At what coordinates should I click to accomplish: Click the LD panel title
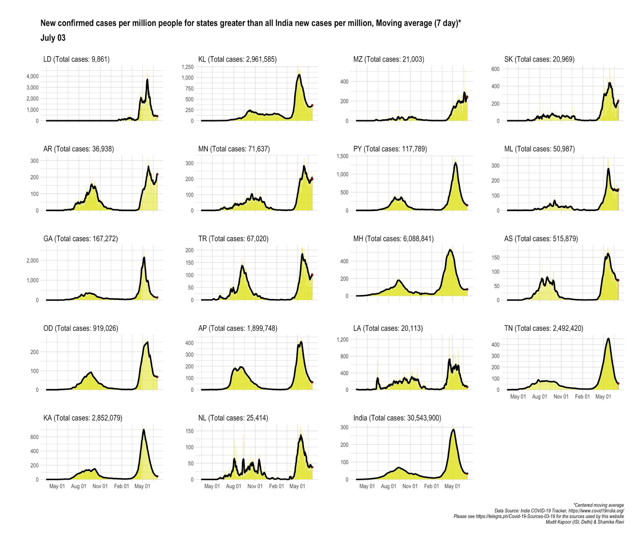click(x=76, y=59)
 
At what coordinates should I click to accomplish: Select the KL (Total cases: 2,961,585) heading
click(x=237, y=59)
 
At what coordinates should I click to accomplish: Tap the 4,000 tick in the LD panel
click(x=33, y=76)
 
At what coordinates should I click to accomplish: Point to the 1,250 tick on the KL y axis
click(x=188, y=67)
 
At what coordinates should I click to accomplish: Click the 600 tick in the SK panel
click(x=495, y=69)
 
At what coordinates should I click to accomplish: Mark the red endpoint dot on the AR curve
click(x=157, y=174)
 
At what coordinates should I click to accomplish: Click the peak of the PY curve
click(x=455, y=163)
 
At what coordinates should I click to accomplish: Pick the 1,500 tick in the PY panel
click(x=342, y=156)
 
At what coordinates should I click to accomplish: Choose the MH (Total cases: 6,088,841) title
click(x=393, y=238)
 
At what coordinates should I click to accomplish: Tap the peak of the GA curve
click(x=144, y=258)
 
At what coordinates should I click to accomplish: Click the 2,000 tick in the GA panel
click(x=33, y=261)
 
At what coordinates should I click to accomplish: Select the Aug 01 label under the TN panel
click(x=539, y=396)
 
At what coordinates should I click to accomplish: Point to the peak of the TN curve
click(x=608, y=339)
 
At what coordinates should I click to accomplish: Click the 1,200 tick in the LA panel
click(x=342, y=339)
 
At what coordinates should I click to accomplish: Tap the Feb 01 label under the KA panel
click(x=121, y=486)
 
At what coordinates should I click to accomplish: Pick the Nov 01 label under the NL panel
click(x=255, y=486)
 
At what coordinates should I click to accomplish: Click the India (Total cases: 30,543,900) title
click(x=397, y=418)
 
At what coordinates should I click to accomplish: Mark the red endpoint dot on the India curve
click(x=467, y=474)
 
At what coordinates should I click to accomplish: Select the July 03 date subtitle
click(x=53, y=38)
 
